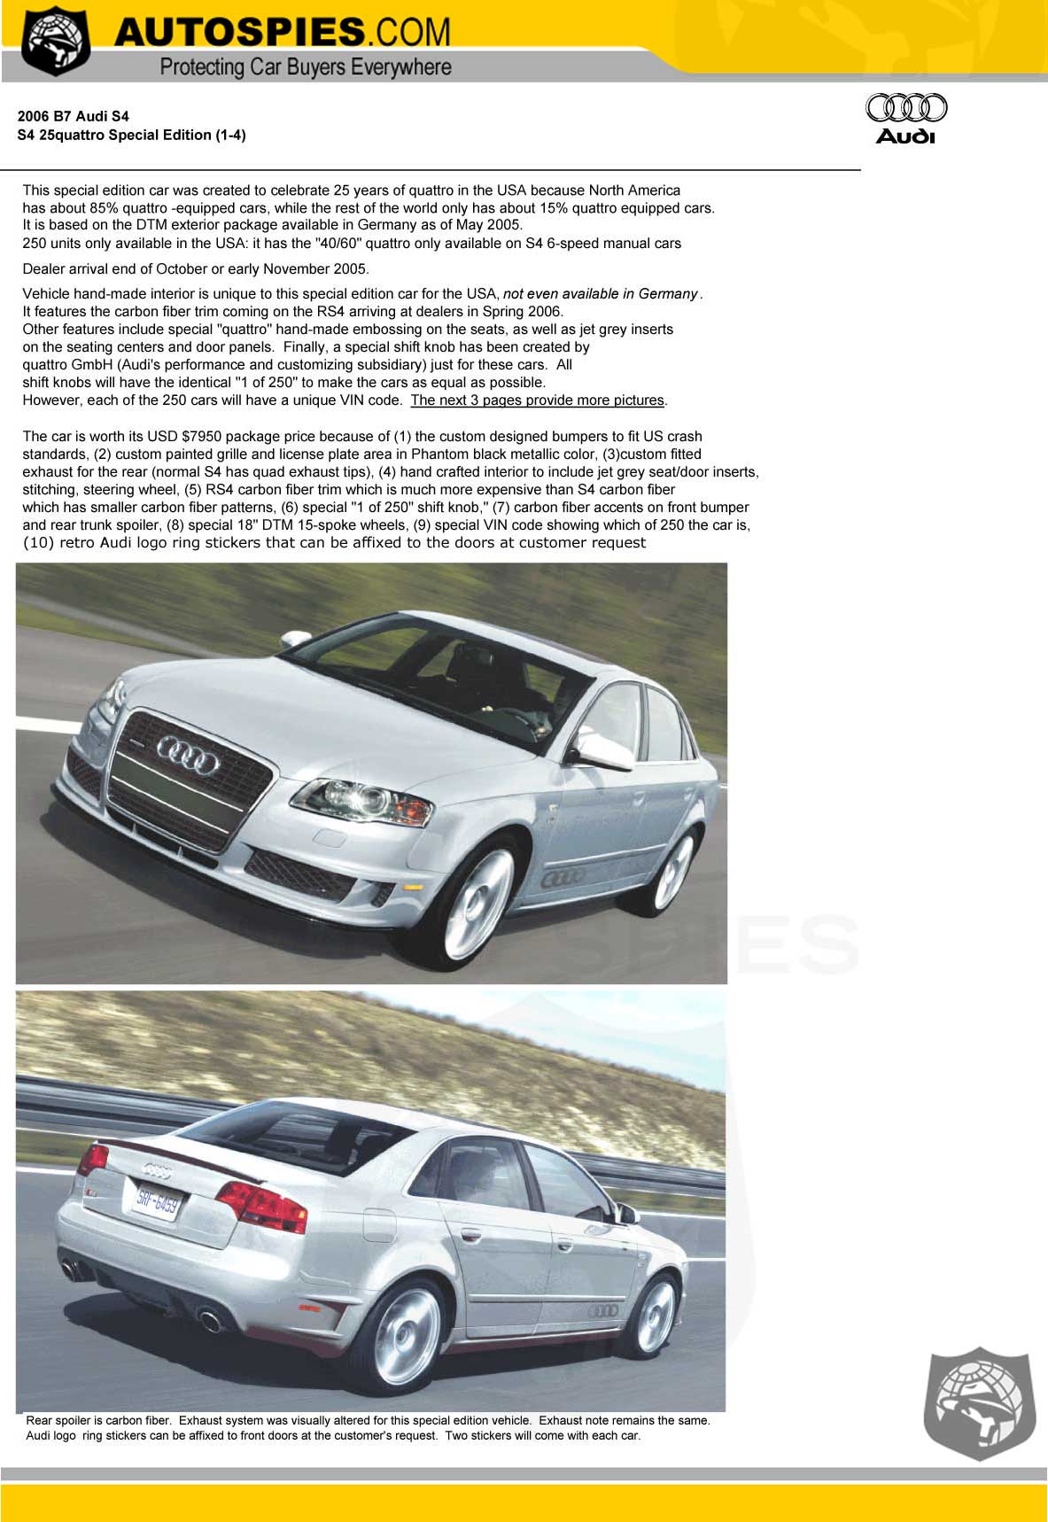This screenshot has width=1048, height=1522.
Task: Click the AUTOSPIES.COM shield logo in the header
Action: click(x=55, y=40)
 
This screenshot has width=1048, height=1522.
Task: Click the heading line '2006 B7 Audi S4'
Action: click(x=74, y=116)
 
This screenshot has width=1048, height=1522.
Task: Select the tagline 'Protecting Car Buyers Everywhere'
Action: click(x=306, y=67)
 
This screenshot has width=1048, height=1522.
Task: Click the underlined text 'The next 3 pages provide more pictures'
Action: click(x=537, y=400)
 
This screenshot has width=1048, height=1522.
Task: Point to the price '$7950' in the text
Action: click(x=199, y=437)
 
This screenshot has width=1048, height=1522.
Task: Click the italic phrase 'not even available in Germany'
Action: click(x=601, y=294)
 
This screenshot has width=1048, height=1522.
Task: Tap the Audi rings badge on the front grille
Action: click(x=189, y=756)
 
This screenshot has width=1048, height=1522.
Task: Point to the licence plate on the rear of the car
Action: click(x=158, y=1202)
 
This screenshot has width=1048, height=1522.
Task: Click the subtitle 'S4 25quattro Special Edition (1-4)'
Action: click(x=132, y=136)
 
